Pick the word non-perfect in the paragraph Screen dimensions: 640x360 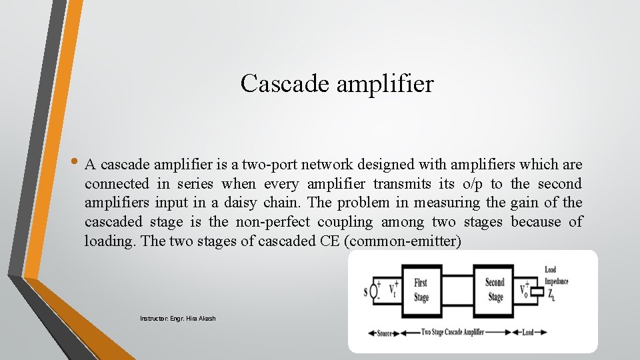pyautogui.click(x=272, y=221)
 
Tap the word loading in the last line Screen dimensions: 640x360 pyautogui.click(x=109, y=241)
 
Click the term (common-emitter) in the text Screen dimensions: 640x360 pyautogui.click(x=403, y=241)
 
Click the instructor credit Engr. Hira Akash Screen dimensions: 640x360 pyautogui.click(x=177, y=319)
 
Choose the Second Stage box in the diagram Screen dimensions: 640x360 pyautogui.click(x=495, y=291)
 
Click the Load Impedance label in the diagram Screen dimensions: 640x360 pyautogui.click(x=555, y=275)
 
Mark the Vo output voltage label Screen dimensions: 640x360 pyautogui.click(x=525, y=291)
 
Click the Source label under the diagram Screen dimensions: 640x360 pyautogui.click(x=385, y=333)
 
